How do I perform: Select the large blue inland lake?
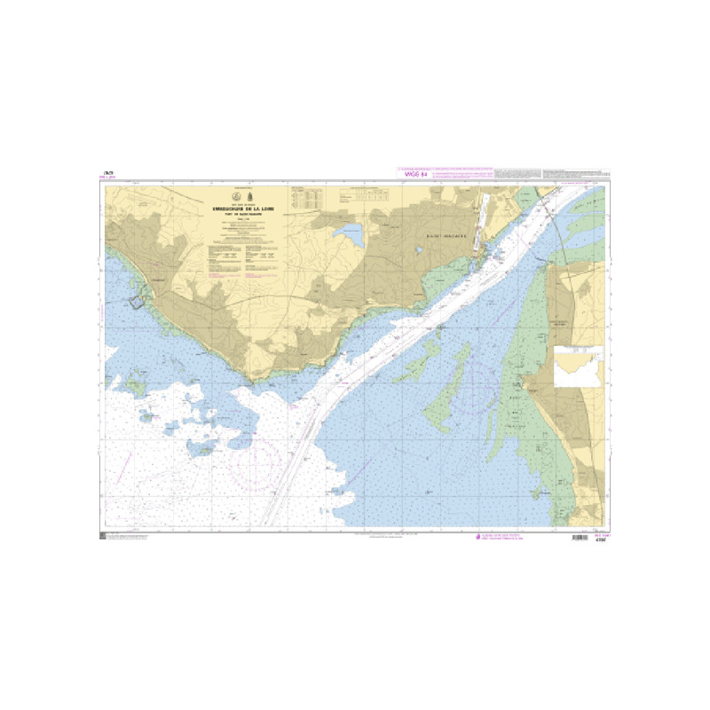(x=348, y=235)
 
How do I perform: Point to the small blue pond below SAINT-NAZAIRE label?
(x=419, y=250)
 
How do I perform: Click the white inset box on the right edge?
(x=578, y=367)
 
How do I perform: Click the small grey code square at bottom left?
(x=104, y=537)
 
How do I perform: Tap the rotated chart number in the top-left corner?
(x=107, y=173)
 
